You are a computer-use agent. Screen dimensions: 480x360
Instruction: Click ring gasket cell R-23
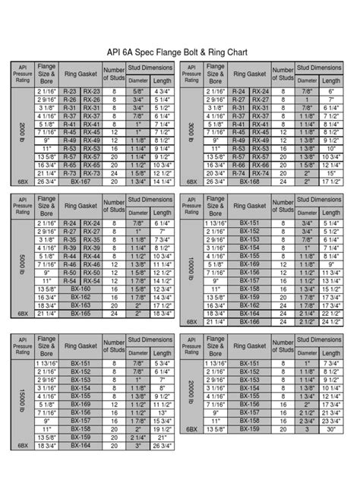click(71, 92)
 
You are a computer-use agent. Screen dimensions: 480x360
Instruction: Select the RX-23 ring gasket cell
click(93, 92)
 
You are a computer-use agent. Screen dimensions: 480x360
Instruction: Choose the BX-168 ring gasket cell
click(250, 182)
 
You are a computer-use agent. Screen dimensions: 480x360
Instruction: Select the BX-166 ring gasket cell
click(250, 322)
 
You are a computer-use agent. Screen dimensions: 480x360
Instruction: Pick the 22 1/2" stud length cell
click(331, 314)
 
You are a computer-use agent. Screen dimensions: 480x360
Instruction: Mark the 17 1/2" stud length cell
click(331, 182)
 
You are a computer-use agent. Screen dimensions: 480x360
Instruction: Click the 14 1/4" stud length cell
click(162, 182)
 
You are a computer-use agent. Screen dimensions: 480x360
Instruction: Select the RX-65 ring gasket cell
click(93, 166)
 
